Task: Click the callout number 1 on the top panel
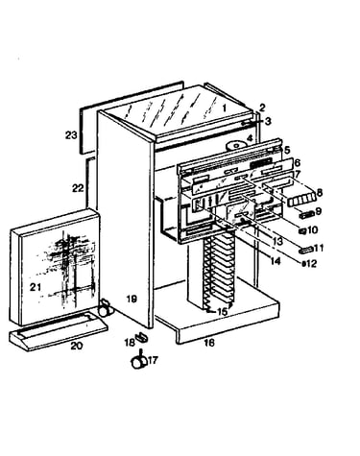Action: pyautogui.click(x=225, y=108)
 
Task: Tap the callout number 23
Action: pyautogui.click(x=71, y=135)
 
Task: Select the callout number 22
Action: pyautogui.click(x=78, y=188)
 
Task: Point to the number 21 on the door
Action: pyautogui.click(x=36, y=287)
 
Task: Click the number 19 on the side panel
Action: pyautogui.click(x=132, y=299)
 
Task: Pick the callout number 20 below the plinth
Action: pyautogui.click(x=77, y=346)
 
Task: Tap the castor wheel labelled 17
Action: pyautogui.click(x=139, y=361)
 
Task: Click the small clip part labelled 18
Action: pyautogui.click(x=141, y=337)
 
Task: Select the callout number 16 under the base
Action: pyautogui.click(x=209, y=343)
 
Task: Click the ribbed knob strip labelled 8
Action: pyautogui.click(x=301, y=200)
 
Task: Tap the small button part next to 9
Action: pyautogui.click(x=305, y=215)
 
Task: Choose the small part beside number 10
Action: pyautogui.click(x=303, y=230)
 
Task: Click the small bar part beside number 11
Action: pyautogui.click(x=305, y=250)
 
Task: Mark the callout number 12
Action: pyautogui.click(x=311, y=263)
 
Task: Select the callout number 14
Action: pyautogui.click(x=275, y=261)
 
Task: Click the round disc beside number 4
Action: pyautogui.click(x=237, y=145)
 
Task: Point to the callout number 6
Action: pyautogui.click(x=298, y=162)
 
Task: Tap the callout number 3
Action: pyautogui.click(x=268, y=121)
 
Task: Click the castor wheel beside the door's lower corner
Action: pyautogui.click(x=105, y=307)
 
